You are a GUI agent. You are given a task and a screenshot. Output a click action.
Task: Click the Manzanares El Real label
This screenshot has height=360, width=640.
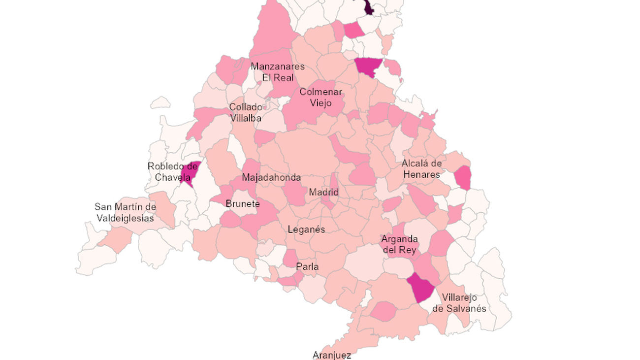[277, 72]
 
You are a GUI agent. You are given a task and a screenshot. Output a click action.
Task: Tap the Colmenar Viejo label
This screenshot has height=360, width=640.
[320, 98]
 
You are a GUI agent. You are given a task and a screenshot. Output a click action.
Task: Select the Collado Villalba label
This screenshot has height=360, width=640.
[245, 113]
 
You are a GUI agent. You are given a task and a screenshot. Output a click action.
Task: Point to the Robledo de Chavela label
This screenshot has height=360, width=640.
[172, 172]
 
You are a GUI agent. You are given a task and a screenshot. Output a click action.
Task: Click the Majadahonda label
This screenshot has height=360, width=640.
[271, 177]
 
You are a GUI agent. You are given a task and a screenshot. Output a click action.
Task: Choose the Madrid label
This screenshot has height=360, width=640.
[323, 192]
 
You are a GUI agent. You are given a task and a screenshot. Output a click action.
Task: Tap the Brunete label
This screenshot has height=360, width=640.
[242, 204]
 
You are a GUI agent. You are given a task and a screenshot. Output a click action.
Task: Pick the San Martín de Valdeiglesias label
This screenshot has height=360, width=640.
[125, 212]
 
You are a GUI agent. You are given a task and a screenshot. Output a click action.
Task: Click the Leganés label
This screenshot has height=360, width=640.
[306, 229]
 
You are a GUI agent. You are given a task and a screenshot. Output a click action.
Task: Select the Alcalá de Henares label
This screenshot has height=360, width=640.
[421, 168]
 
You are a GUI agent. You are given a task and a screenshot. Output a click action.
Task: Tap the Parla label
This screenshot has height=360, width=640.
[307, 267]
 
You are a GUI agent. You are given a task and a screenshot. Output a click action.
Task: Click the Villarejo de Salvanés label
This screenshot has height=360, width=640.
[459, 303]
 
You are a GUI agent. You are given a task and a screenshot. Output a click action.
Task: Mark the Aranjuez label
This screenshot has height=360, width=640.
[331, 355]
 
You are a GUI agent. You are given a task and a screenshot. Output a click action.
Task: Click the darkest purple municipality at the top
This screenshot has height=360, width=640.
[368, 7]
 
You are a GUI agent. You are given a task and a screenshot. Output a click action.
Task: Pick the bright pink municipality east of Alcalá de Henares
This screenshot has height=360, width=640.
[462, 178]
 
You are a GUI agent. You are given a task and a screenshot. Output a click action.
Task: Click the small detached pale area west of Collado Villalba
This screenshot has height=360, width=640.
[160, 103]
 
